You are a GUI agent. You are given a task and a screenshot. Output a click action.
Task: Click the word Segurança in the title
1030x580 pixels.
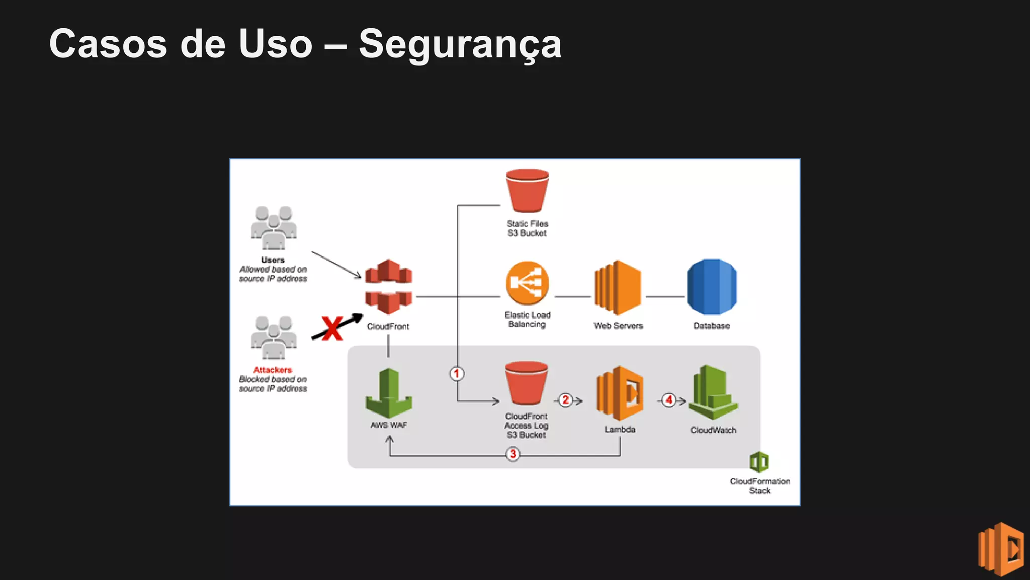pos(460,44)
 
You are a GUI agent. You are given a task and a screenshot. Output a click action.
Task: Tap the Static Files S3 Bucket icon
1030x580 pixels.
pos(527,191)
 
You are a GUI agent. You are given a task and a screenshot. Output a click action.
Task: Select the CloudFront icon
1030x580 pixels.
pos(388,286)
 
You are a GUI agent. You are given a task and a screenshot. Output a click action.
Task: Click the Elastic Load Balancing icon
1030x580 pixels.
pos(527,283)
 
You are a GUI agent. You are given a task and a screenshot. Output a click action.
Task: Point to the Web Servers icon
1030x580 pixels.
pos(618,287)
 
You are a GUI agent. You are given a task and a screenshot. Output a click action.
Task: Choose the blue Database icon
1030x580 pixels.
pos(712,287)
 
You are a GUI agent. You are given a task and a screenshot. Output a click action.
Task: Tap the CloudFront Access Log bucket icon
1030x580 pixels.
pos(526,383)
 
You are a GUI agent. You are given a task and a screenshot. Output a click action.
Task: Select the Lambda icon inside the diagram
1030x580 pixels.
pos(620,393)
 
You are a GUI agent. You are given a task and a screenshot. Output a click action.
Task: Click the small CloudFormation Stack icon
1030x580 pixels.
pos(759,462)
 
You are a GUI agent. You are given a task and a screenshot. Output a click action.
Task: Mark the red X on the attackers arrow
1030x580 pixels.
pos(332,328)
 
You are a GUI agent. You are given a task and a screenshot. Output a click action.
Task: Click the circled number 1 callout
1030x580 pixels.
pos(457,374)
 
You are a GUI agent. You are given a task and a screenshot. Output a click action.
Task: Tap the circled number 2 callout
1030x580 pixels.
pos(565,400)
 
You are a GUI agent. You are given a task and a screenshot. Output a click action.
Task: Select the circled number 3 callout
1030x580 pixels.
pos(512,454)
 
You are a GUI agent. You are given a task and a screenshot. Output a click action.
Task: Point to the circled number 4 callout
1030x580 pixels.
pos(668,400)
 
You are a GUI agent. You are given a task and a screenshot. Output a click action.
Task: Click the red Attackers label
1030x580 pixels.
pos(272,370)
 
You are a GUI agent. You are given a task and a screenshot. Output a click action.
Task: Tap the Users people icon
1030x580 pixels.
pos(274,228)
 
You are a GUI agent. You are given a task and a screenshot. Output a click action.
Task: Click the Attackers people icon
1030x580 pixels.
pos(274,337)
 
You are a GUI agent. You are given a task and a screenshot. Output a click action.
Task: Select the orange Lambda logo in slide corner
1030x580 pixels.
pos(1001,549)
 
